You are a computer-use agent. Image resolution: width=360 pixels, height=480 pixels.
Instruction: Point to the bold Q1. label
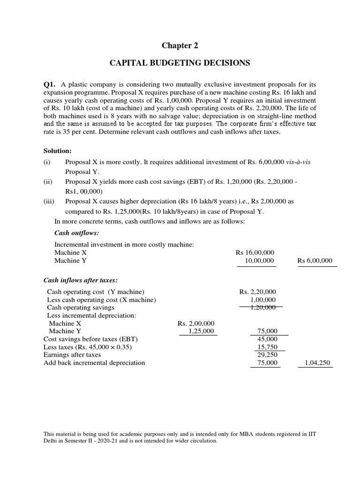50,85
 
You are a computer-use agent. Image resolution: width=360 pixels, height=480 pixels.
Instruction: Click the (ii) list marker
48,181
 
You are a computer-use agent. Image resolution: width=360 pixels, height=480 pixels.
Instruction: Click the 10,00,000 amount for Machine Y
260,261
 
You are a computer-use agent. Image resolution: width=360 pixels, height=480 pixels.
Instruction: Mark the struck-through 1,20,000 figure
262,307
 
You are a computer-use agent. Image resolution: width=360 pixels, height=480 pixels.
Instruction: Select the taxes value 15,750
267,347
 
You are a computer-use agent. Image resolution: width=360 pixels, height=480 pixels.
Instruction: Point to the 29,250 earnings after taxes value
267,355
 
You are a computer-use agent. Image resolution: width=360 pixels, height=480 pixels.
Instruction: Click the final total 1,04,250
317,363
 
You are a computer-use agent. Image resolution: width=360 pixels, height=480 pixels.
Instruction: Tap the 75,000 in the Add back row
267,363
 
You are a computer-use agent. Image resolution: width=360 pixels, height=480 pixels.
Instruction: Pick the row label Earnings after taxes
72,355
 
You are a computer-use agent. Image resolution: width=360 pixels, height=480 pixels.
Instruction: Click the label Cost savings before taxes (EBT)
91,339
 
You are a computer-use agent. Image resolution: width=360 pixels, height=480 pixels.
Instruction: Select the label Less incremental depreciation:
91,315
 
